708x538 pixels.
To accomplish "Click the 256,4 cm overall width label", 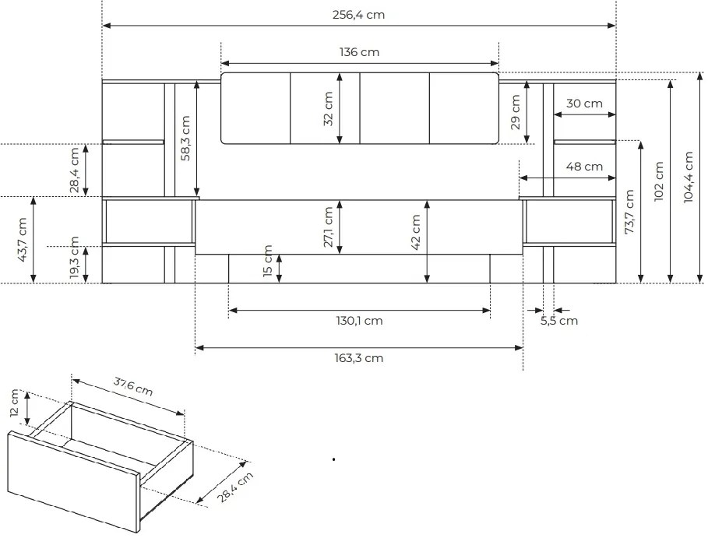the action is pos(358,15).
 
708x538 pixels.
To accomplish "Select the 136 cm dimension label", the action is pos(359,52).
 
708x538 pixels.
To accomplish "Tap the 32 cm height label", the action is pos(328,109).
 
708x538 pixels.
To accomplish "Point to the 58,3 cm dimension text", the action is pos(185,138).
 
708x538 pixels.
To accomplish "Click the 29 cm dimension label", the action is pos(515,112).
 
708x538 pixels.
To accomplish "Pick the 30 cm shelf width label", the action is pos(584,104).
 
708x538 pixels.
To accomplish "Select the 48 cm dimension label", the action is pos(584,167).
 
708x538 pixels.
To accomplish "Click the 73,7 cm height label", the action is pos(629,212).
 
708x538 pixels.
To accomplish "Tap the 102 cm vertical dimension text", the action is pos(659,181).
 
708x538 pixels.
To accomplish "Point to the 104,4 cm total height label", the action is pos(688,177).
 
